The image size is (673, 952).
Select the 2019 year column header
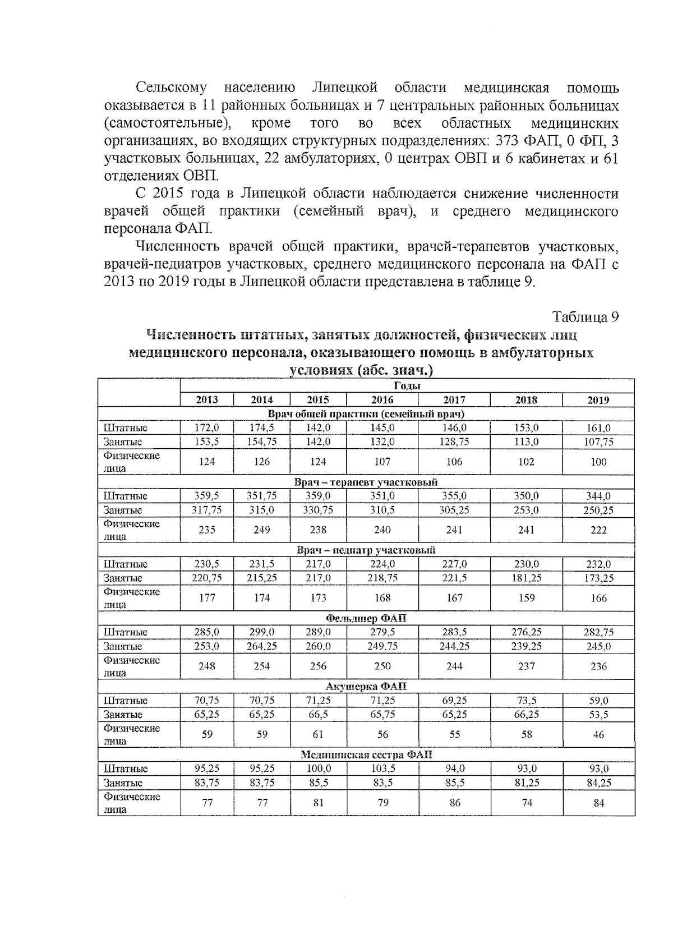coord(598,400)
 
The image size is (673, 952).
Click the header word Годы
coord(407,386)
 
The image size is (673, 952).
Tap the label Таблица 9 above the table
coord(586,317)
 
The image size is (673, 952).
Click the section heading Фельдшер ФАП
coord(366,618)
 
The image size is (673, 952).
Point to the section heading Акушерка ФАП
coord(366,687)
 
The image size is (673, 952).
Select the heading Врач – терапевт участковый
coord(366,482)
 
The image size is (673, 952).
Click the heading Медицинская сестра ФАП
coord(366,755)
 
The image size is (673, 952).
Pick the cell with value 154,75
coord(262,441)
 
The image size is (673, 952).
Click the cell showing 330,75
coord(318,510)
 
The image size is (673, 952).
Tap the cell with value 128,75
coord(454,441)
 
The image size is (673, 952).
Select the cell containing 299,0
coord(262,632)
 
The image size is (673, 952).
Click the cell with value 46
coord(598,734)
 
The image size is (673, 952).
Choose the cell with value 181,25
coord(526,578)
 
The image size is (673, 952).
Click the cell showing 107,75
coord(598,441)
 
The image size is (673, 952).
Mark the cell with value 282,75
coord(598,632)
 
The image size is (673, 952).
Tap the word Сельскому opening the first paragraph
coord(171,88)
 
